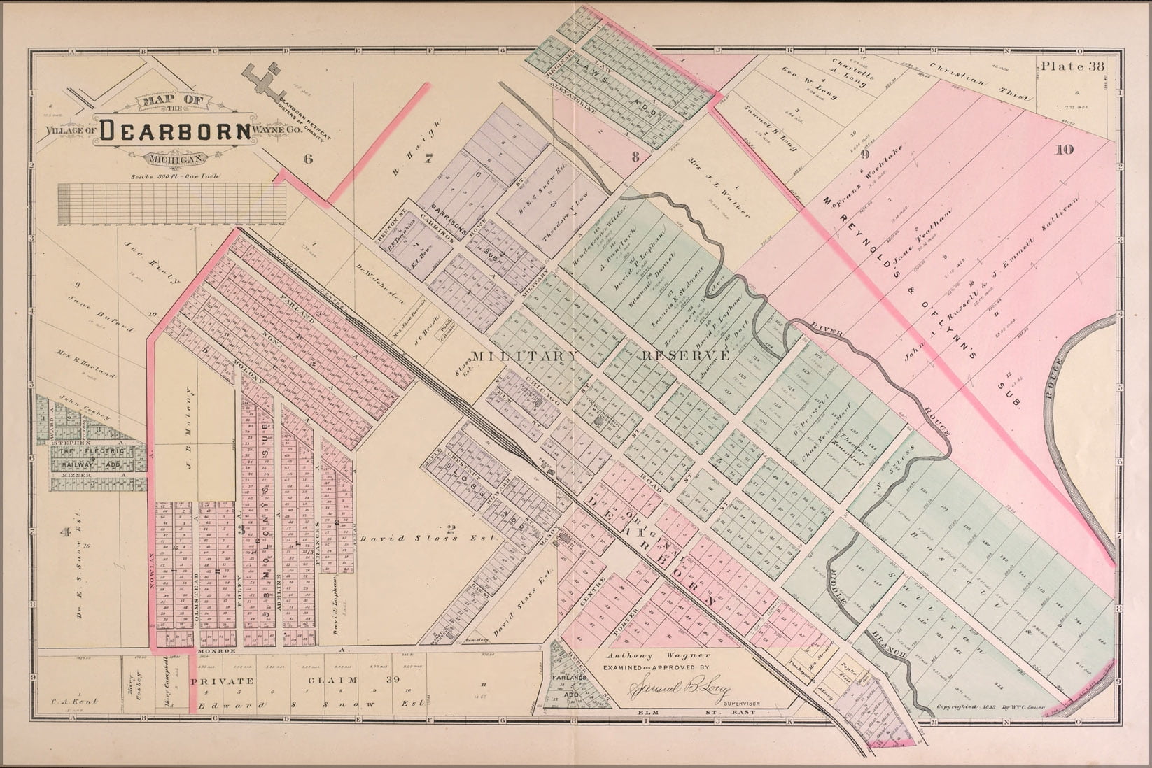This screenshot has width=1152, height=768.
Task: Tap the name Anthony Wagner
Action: tap(649, 656)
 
